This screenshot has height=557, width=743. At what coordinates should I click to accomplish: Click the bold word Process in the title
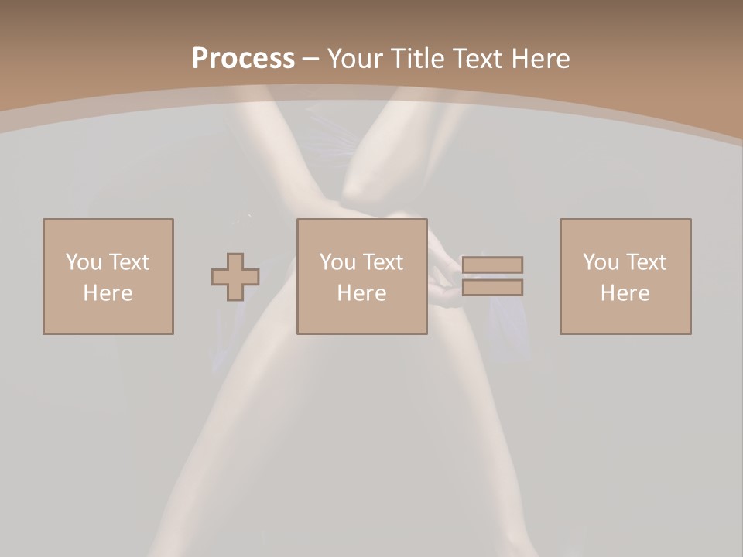[243, 58]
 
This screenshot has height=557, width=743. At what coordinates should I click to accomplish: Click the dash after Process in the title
[310, 59]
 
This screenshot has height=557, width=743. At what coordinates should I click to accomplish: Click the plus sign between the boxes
[235, 276]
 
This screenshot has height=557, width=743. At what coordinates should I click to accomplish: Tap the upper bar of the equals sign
[493, 265]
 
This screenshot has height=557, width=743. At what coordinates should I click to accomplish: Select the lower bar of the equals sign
[493, 287]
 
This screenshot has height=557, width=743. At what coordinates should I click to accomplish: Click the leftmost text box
[108, 276]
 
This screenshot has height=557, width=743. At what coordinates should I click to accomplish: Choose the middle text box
[362, 276]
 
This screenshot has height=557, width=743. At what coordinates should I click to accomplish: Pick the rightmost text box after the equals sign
[625, 276]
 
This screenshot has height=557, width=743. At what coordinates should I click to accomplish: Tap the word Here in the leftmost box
[108, 293]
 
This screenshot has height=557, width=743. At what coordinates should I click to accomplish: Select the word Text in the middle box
[382, 262]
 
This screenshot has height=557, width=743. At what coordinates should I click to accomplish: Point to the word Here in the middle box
[362, 293]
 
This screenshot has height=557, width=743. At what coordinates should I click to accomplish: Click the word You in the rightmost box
[601, 262]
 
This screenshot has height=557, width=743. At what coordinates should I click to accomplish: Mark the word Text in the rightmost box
[645, 262]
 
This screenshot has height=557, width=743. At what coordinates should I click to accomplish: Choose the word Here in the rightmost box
[625, 293]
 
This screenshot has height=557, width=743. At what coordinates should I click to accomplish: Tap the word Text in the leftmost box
[128, 262]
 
